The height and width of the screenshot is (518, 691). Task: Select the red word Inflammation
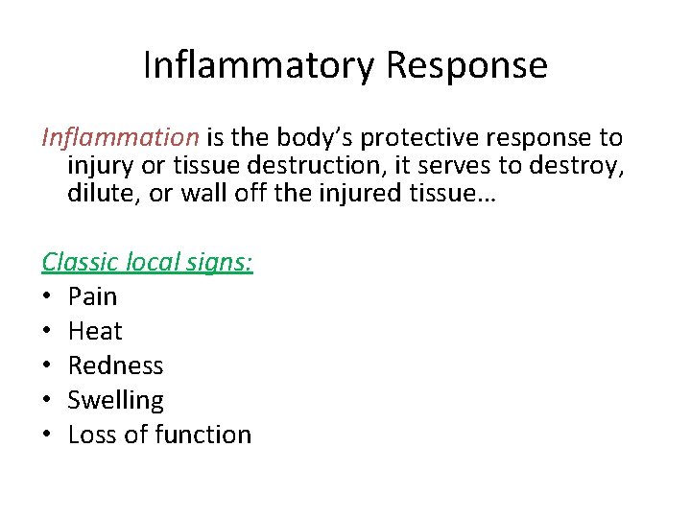(x=118, y=138)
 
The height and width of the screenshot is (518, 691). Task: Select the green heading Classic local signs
(x=147, y=261)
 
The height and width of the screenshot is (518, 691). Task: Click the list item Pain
(x=92, y=296)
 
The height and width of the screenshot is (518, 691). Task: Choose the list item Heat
(x=95, y=331)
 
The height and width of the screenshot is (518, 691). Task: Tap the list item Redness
(x=115, y=365)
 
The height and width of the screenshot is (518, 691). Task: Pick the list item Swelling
(x=115, y=400)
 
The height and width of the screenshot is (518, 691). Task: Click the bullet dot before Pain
(x=47, y=296)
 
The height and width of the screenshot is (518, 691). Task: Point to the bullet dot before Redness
(x=47, y=365)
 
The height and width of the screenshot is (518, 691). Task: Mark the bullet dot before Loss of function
(x=47, y=435)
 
